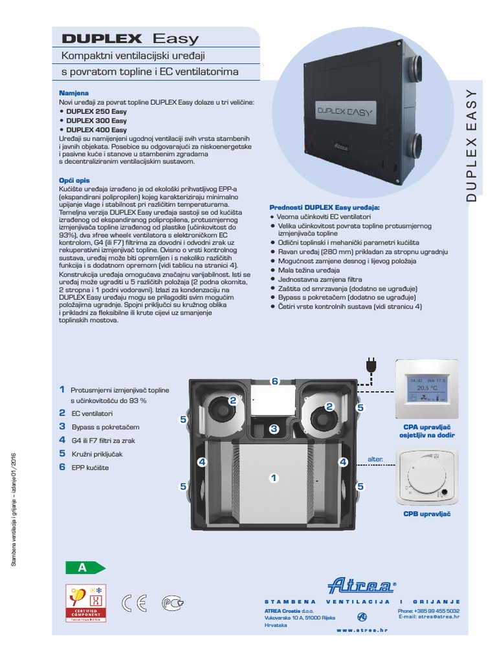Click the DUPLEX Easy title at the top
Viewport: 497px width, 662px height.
[130, 39]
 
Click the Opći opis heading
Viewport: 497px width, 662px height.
[74, 180]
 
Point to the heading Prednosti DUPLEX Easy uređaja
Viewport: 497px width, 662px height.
[324, 207]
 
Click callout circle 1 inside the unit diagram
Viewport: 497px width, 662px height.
[274, 478]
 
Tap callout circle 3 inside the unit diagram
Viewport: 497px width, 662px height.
[274, 428]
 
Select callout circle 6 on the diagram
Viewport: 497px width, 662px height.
[274, 381]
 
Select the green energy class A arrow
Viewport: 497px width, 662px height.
[85, 568]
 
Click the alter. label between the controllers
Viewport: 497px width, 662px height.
[375, 458]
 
